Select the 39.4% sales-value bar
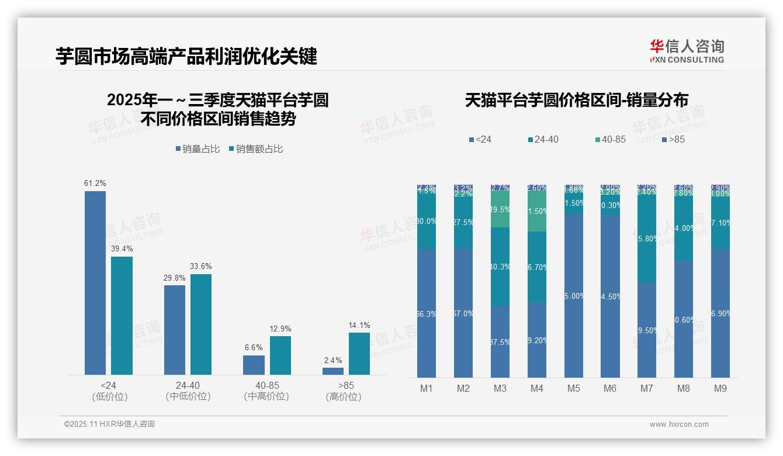[x=122, y=315]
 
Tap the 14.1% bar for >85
[x=359, y=353]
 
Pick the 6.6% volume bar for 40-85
[x=254, y=365]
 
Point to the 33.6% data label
[x=201, y=267]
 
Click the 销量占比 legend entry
[x=198, y=149]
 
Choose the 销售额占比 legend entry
[x=256, y=149]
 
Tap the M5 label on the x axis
[x=573, y=389]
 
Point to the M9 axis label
[x=720, y=389]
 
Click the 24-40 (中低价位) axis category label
[x=188, y=391]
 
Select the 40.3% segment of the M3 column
[x=500, y=267]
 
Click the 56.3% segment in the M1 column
[x=427, y=314]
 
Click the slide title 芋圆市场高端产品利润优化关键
[x=186, y=57]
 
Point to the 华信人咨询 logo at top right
[x=687, y=51]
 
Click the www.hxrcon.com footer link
[x=679, y=424]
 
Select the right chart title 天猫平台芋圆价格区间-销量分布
[x=576, y=100]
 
